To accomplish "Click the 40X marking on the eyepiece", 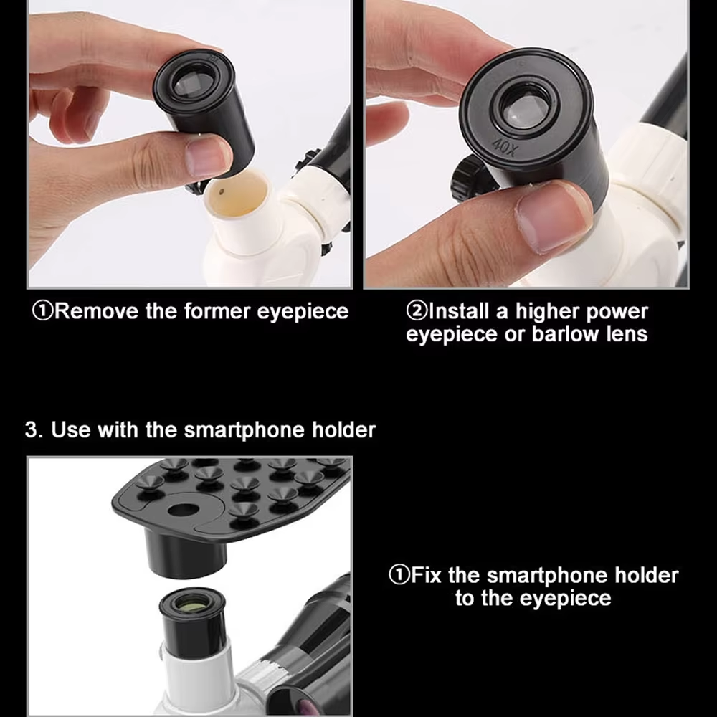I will pos(505,147).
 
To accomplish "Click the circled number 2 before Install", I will pos(417,312).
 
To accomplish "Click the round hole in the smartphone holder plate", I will pos(185,511).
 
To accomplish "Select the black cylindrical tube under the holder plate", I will pos(185,552).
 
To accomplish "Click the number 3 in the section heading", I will pos(31,430).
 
